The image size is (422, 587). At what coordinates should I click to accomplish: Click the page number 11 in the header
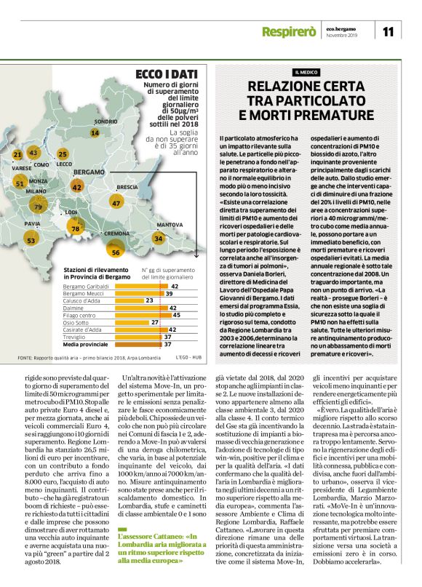click(x=388, y=31)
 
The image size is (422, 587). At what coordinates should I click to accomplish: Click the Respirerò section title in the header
click(x=289, y=32)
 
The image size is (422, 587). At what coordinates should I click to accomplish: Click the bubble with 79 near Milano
click(x=38, y=207)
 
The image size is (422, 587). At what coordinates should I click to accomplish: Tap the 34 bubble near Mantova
click(x=158, y=238)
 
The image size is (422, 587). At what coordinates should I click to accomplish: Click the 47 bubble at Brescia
click(x=116, y=203)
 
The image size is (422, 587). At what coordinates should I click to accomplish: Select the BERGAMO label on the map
click(x=89, y=171)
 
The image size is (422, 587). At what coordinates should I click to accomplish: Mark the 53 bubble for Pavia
click(x=31, y=239)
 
